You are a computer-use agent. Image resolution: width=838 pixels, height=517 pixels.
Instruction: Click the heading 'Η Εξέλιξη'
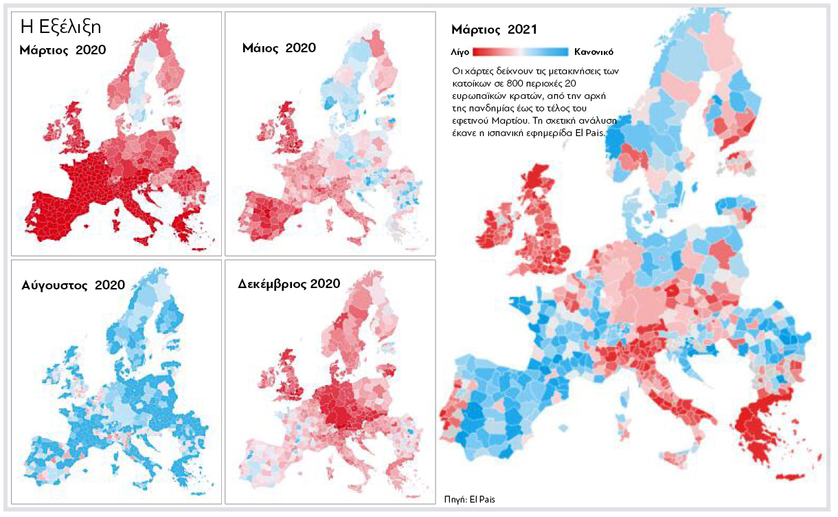tap(61, 27)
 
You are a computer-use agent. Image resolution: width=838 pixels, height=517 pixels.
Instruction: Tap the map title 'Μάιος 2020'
tap(279, 48)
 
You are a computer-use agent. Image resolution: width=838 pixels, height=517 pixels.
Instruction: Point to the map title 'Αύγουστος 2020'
tap(73, 284)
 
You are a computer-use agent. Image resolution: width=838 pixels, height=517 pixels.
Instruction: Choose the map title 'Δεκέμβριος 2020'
tap(288, 283)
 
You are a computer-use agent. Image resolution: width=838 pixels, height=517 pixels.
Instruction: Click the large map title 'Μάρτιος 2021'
tap(494, 30)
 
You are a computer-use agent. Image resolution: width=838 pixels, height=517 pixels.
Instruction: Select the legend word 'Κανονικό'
tap(593, 52)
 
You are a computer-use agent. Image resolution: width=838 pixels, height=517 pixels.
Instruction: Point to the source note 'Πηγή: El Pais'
tap(470, 499)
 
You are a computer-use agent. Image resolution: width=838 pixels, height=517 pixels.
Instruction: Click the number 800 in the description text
tap(523, 82)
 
